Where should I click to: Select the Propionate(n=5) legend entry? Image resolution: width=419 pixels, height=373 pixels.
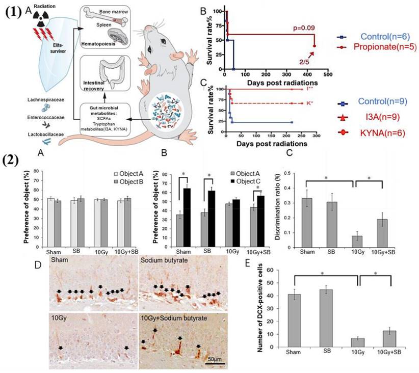pyautogui.click(x=379, y=47)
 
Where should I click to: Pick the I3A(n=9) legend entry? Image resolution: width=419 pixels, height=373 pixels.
pyautogui.click(x=376, y=118)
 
